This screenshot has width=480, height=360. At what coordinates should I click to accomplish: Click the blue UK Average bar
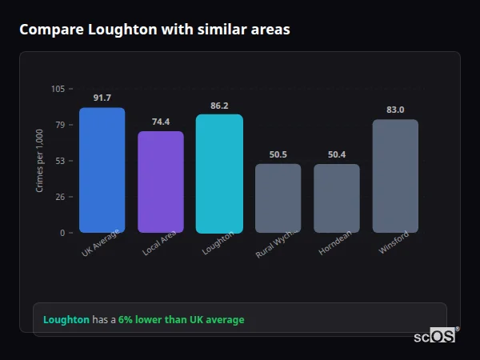coord(102,170)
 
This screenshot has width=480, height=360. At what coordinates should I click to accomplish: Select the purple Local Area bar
coord(161,182)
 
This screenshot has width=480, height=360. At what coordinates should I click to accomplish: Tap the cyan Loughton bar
coord(219,174)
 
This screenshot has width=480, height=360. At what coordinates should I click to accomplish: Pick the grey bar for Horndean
coord(337,198)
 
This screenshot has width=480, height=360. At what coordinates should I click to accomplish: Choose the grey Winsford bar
coord(395,176)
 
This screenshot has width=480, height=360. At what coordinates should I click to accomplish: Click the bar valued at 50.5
coord(278,198)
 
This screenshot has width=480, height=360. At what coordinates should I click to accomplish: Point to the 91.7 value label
coord(102,98)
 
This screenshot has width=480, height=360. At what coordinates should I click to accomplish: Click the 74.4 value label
coord(161,122)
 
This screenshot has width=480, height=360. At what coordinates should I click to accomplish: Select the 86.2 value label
coord(219,105)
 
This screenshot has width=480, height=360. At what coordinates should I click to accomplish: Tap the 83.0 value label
coord(395,110)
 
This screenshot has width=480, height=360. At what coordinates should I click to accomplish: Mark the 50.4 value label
coord(337,154)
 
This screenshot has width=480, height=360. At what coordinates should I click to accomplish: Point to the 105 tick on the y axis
coord(58,89)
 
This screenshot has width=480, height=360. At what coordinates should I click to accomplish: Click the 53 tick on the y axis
coord(60,161)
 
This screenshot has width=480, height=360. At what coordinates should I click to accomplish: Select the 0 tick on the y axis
coord(62,233)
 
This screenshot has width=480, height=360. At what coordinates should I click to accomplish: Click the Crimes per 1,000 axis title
coord(40,160)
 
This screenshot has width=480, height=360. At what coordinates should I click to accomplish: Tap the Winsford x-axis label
coord(394,244)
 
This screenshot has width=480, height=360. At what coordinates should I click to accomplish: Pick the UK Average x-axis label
coord(101,246)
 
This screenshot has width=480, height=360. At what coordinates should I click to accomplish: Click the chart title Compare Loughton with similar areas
coord(154,30)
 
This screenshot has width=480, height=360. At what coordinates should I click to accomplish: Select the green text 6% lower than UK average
coord(182,320)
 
